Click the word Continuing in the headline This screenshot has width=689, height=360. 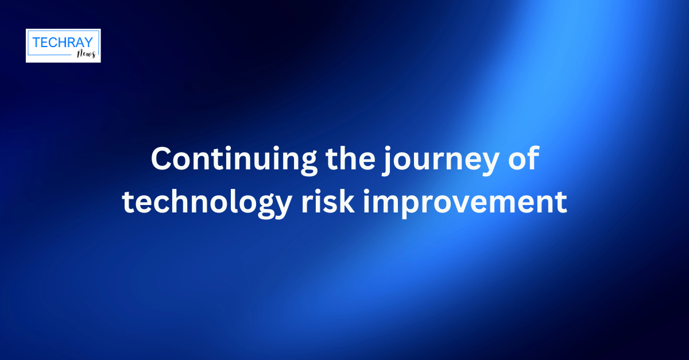tap(234, 160)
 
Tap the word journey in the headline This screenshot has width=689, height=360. tap(440, 161)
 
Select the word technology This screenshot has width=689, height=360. tap(207, 204)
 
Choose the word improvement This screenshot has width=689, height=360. tap(465, 203)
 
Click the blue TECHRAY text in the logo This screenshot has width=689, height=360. tap(63, 42)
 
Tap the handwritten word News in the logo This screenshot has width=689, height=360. tap(87, 54)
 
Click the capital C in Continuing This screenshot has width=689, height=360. tap(161, 159)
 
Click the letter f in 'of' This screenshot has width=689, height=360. tap(533, 158)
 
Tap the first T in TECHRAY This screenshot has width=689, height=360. tap(36, 42)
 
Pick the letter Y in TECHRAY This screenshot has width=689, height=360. tap(88, 42)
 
